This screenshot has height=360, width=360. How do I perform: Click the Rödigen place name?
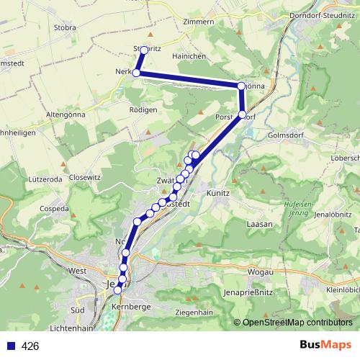pyautogui.click(x=144, y=109)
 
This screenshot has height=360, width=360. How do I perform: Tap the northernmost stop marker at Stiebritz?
pyautogui.click(x=144, y=50)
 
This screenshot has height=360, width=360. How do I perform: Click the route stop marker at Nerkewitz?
pyautogui.click(x=136, y=73)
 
